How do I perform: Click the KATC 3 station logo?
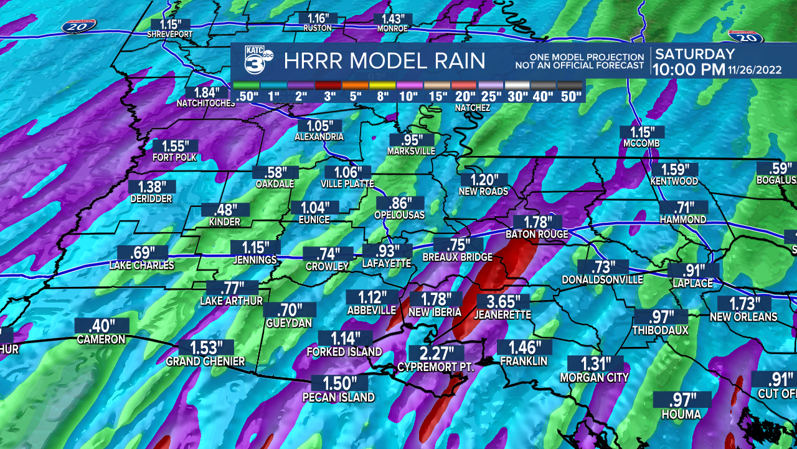(256, 61)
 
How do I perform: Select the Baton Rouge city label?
(537, 234)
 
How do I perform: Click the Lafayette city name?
(387, 264)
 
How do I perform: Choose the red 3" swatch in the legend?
(330, 85)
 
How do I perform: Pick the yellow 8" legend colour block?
(383, 85)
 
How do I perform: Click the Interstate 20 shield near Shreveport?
(79, 26)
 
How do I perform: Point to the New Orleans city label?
(743, 317)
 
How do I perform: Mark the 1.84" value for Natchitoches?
(202, 92)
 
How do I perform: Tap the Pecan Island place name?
(339, 397)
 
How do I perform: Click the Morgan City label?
(594, 377)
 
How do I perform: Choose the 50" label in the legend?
(570, 97)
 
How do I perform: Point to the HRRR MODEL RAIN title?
(384, 61)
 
